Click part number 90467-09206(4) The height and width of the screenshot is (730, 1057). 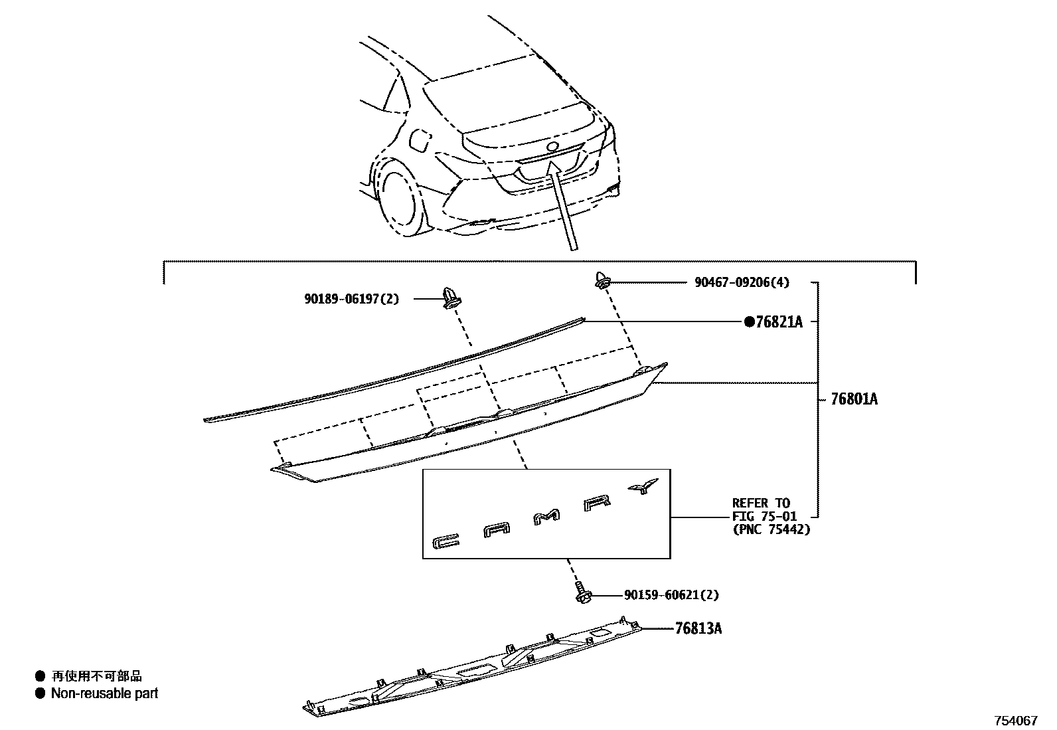pyautogui.click(x=742, y=282)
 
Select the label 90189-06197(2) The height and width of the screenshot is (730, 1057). pyautogui.click(x=352, y=300)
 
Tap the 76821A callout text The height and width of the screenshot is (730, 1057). pyautogui.click(x=779, y=322)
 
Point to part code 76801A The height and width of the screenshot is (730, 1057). pyautogui.click(x=854, y=399)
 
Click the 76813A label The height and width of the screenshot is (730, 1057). pyautogui.click(x=698, y=628)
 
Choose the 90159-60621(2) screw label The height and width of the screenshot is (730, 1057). pyautogui.click(x=671, y=595)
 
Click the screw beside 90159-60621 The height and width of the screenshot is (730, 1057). pyautogui.click(x=582, y=593)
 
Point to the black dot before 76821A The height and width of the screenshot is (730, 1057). pyautogui.click(x=750, y=322)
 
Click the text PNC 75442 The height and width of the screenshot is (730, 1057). pyautogui.click(x=772, y=529)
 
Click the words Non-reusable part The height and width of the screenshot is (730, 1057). pyautogui.click(x=105, y=693)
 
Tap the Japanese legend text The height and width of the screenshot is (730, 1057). pyautogui.click(x=97, y=676)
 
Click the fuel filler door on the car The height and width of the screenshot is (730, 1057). pyautogui.click(x=421, y=141)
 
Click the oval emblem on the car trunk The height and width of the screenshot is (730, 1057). pyautogui.click(x=552, y=147)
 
